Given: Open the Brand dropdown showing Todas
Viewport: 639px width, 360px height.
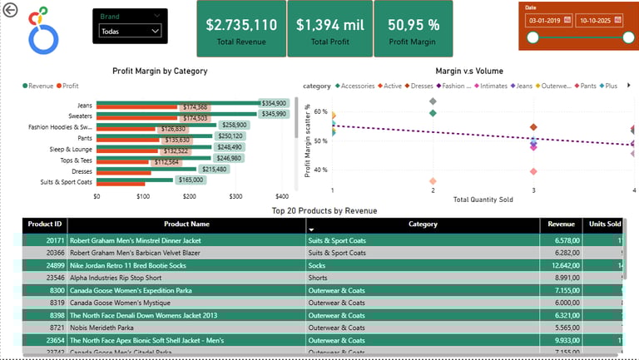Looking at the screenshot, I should click(x=130, y=31).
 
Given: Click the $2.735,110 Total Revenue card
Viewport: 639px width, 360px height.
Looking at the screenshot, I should click(x=241, y=29).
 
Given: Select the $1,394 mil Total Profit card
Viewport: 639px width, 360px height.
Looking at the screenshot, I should click(x=329, y=29).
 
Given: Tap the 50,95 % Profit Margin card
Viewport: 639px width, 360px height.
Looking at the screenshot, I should click(x=414, y=29).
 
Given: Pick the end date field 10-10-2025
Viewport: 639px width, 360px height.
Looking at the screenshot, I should click(x=597, y=19).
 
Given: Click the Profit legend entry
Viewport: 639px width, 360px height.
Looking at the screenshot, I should click(x=70, y=86).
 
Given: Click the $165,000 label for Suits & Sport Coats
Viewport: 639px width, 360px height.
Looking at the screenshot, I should click(x=191, y=180).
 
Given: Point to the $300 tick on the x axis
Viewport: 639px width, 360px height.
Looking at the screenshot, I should click(x=236, y=197).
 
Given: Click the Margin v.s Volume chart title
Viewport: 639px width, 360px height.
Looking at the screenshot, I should click(x=469, y=72).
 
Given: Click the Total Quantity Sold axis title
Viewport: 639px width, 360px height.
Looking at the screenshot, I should click(x=483, y=200).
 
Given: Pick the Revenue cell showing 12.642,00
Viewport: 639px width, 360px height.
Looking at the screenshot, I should click(x=562, y=265).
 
